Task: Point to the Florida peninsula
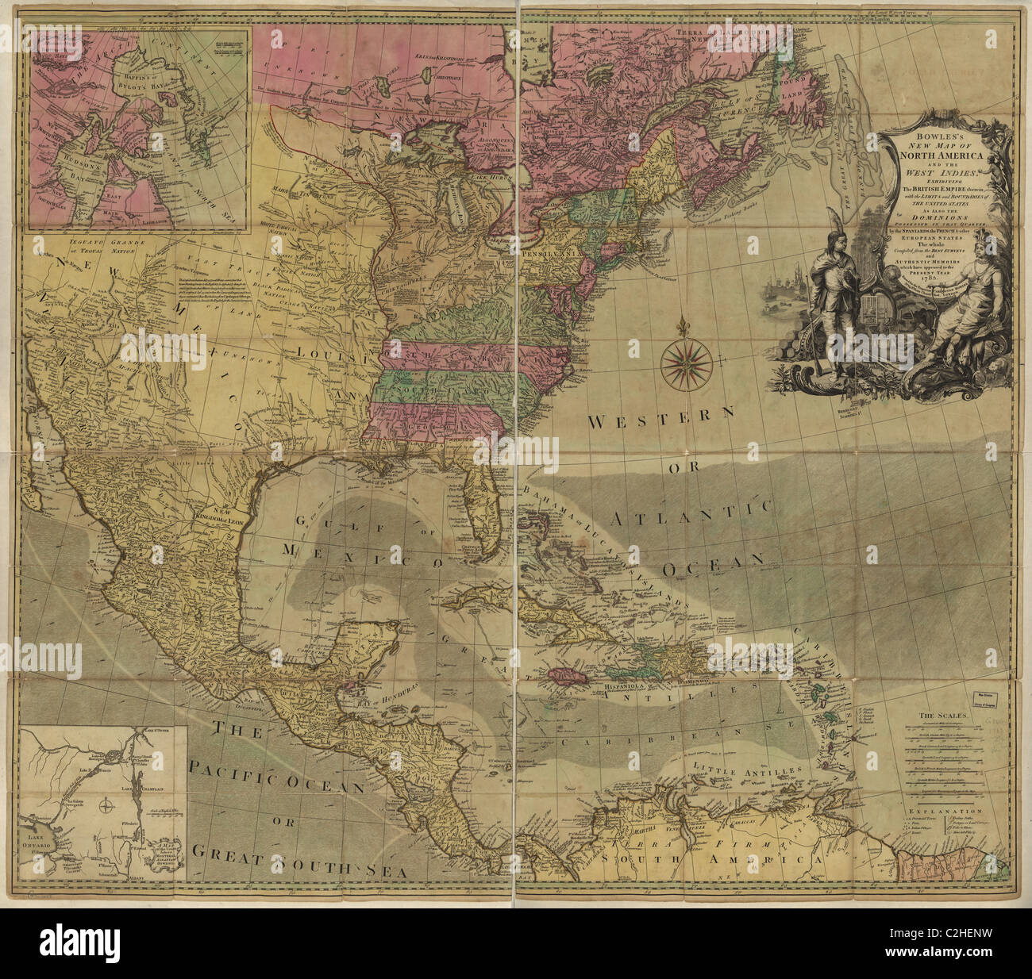(484, 508)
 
